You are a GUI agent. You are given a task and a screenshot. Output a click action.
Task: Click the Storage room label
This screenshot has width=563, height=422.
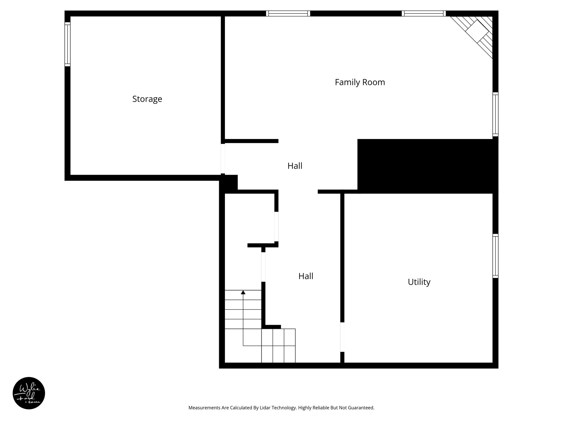147,99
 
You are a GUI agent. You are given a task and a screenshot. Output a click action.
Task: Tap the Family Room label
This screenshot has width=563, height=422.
360,82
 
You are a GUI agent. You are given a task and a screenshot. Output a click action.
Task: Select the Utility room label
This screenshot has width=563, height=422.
419,282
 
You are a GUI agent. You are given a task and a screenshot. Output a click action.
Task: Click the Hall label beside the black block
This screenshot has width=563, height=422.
295,166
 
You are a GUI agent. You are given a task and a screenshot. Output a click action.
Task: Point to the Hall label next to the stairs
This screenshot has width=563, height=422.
306,276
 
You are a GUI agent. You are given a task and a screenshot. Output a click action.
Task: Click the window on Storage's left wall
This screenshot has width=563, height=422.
67,44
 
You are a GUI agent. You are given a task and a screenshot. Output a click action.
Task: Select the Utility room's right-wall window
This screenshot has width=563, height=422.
495,256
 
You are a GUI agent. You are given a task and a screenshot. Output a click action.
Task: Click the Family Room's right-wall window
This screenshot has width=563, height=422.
495,114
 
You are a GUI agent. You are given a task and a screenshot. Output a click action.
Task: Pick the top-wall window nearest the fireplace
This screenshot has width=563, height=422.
424,13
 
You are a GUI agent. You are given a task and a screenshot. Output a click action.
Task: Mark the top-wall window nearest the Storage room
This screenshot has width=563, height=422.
288,13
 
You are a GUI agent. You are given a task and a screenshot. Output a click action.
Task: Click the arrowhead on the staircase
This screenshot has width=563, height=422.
243,292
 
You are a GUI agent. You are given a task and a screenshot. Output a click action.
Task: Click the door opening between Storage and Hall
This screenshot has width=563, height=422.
223,159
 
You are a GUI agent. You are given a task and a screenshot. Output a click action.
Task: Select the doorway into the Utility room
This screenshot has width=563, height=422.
342,337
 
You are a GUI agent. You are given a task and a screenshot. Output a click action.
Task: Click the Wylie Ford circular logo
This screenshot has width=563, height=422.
29,393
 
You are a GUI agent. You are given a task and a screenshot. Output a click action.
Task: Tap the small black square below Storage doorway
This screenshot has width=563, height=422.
229,183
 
